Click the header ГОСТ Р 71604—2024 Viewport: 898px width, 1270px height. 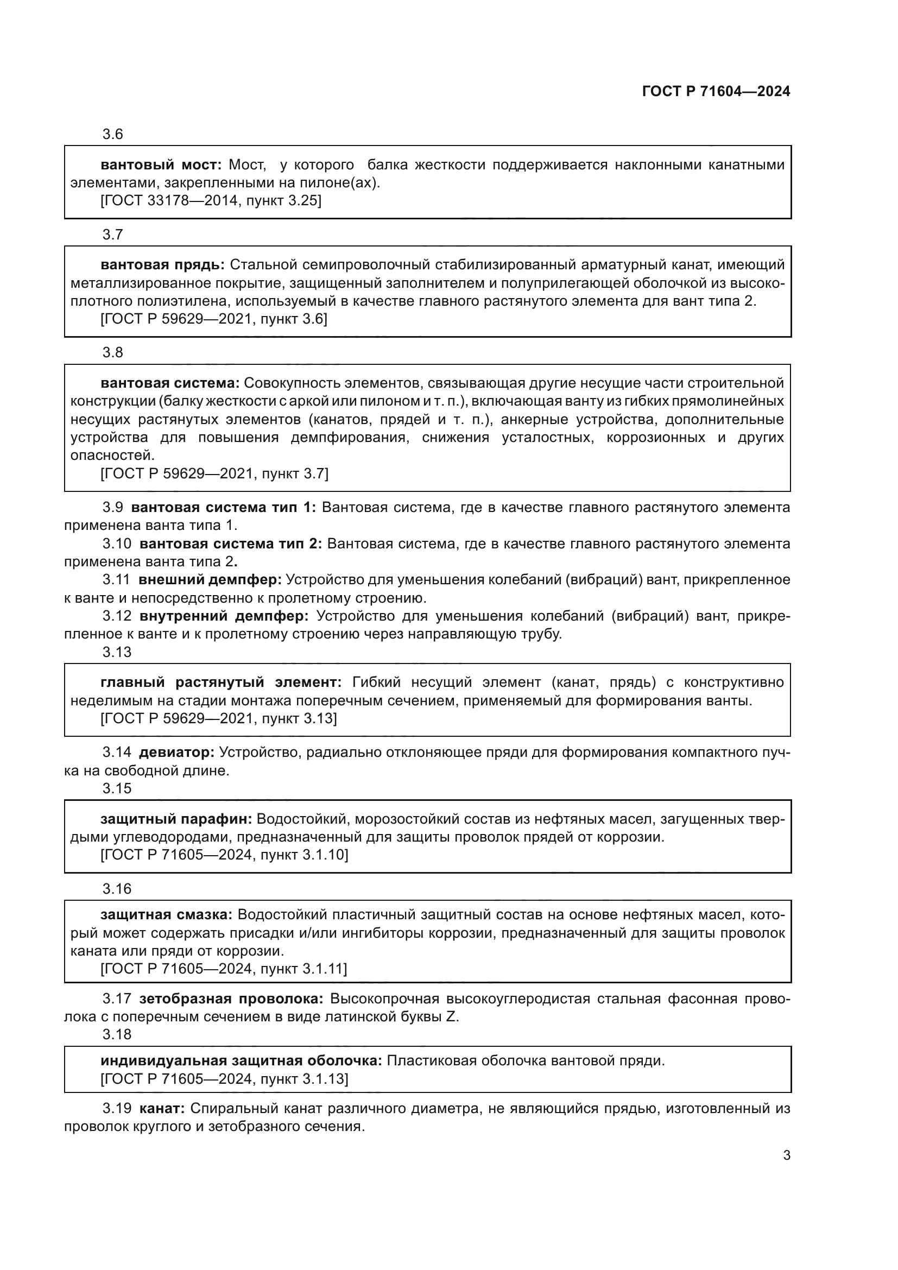click(x=716, y=92)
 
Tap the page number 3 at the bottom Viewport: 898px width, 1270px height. click(x=786, y=1155)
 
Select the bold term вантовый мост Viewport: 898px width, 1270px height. click(x=160, y=165)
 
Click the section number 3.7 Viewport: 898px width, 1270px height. click(x=113, y=235)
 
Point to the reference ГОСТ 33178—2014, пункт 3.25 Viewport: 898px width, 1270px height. click(x=211, y=201)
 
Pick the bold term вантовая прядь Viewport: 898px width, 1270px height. click(x=162, y=265)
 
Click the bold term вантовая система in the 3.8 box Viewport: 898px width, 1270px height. click(x=170, y=383)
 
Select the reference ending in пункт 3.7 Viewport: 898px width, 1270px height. click(x=214, y=473)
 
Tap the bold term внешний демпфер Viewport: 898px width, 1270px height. click(x=210, y=580)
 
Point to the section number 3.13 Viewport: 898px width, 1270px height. click(x=117, y=652)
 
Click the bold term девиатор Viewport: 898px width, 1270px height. click(x=176, y=752)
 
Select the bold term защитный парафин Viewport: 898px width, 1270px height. click(x=176, y=819)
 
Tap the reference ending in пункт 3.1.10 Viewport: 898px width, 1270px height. click(x=224, y=855)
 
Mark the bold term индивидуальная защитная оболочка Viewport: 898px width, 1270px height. click(x=241, y=1060)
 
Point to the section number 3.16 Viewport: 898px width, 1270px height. click(x=117, y=889)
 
